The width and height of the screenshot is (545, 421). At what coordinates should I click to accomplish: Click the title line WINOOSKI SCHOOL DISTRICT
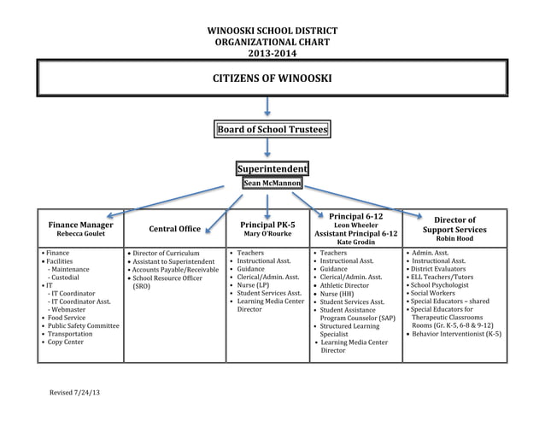pyautogui.click(x=272, y=31)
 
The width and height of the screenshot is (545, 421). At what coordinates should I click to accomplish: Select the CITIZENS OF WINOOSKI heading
pyautogui.click(x=272, y=79)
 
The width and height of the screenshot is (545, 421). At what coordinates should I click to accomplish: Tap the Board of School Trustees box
pyautogui.click(x=272, y=130)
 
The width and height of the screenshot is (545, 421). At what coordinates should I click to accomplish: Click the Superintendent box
pyautogui.click(x=272, y=169)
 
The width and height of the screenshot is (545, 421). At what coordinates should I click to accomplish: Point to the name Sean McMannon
pyautogui.click(x=272, y=183)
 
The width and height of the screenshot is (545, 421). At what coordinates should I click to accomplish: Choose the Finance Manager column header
pyautogui.click(x=80, y=225)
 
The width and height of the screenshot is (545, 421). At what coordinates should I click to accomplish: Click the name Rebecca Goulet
pyautogui.click(x=80, y=234)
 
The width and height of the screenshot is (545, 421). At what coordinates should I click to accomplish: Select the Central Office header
pyautogui.click(x=175, y=229)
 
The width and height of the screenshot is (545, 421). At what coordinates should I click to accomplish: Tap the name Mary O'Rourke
pyautogui.click(x=268, y=234)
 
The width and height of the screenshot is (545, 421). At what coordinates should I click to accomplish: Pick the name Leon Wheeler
pyautogui.click(x=355, y=225)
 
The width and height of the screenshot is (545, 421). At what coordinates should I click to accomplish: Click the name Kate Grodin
pyautogui.click(x=355, y=243)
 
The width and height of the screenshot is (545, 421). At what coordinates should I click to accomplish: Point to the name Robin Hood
pyautogui.click(x=454, y=239)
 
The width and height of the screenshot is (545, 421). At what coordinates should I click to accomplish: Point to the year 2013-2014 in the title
pyautogui.click(x=272, y=53)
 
